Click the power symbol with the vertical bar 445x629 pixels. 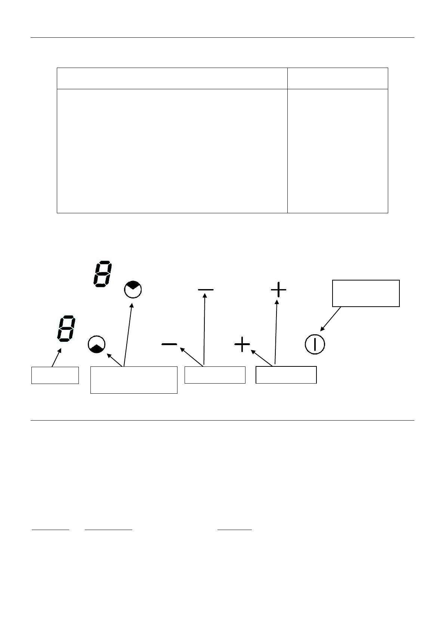point(315,344)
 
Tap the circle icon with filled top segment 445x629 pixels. point(133,289)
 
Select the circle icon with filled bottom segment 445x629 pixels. point(97,345)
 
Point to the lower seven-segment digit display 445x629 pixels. point(66,329)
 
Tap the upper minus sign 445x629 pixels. point(205,289)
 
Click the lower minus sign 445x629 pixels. point(169,344)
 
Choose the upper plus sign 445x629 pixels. point(278,289)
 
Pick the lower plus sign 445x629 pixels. point(242,344)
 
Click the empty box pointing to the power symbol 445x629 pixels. point(366,293)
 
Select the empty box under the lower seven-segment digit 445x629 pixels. point(55,375)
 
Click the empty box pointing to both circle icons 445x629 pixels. point(134,380)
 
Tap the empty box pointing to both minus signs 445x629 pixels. point(215,375)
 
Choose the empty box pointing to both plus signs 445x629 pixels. point(286,375)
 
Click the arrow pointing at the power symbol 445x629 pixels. point(331,319)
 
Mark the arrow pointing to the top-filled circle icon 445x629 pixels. point(128,334)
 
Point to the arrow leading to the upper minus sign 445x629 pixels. point(205,329)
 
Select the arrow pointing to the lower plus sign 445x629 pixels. point(262,357)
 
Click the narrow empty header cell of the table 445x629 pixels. point(337,78)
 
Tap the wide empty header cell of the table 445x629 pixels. point(172,78)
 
